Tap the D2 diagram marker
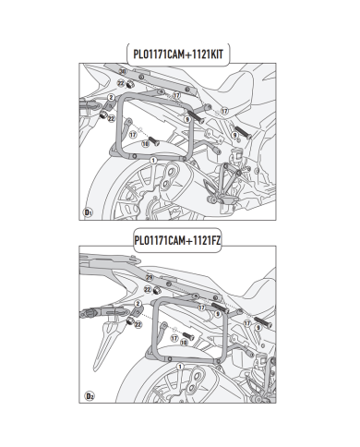89,397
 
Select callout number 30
123,71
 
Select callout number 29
123,277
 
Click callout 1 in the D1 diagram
153,160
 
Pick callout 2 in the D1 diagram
110,97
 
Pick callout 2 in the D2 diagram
136,302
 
